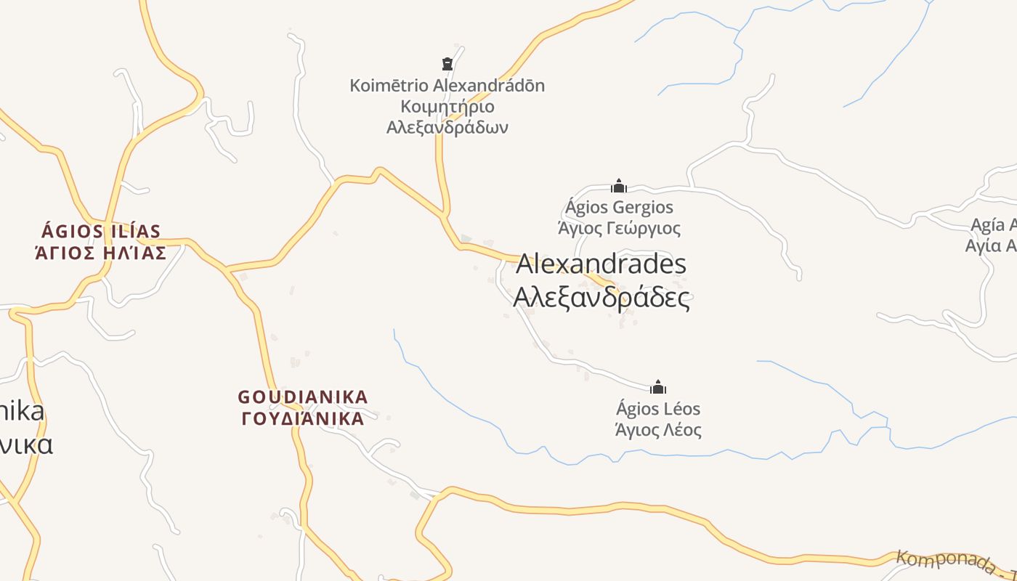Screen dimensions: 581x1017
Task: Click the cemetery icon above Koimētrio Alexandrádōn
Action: (x=447, y=64)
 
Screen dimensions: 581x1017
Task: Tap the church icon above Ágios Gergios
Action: (x=618, y=186)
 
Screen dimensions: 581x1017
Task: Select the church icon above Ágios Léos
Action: (x=658, y=387)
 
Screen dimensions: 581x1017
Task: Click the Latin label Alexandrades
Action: (x=601, y=264)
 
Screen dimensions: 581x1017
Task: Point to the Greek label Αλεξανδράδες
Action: (x=601, y=298)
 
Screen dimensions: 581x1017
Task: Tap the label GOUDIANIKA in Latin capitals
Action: (x=303, y=397)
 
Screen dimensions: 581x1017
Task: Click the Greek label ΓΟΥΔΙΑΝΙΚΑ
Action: (x=303, y=419)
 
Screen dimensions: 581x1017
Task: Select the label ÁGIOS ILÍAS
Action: (x=101, y=232)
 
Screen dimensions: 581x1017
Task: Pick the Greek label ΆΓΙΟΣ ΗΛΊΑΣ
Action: (x=101, y=253)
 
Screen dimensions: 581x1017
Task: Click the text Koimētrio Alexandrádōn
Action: (x=447, y=86)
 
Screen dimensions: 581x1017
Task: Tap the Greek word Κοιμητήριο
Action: (x=447, y=107)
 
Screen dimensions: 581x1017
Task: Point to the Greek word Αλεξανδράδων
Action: (x=447, y=128)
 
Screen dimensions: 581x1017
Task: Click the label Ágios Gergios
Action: (x=619, y=208)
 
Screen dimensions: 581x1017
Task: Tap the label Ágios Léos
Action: (x=658, y=409)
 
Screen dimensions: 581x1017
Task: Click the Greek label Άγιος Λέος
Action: (x=658, y=430)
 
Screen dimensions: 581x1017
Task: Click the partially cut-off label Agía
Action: (x=993, y=225)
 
